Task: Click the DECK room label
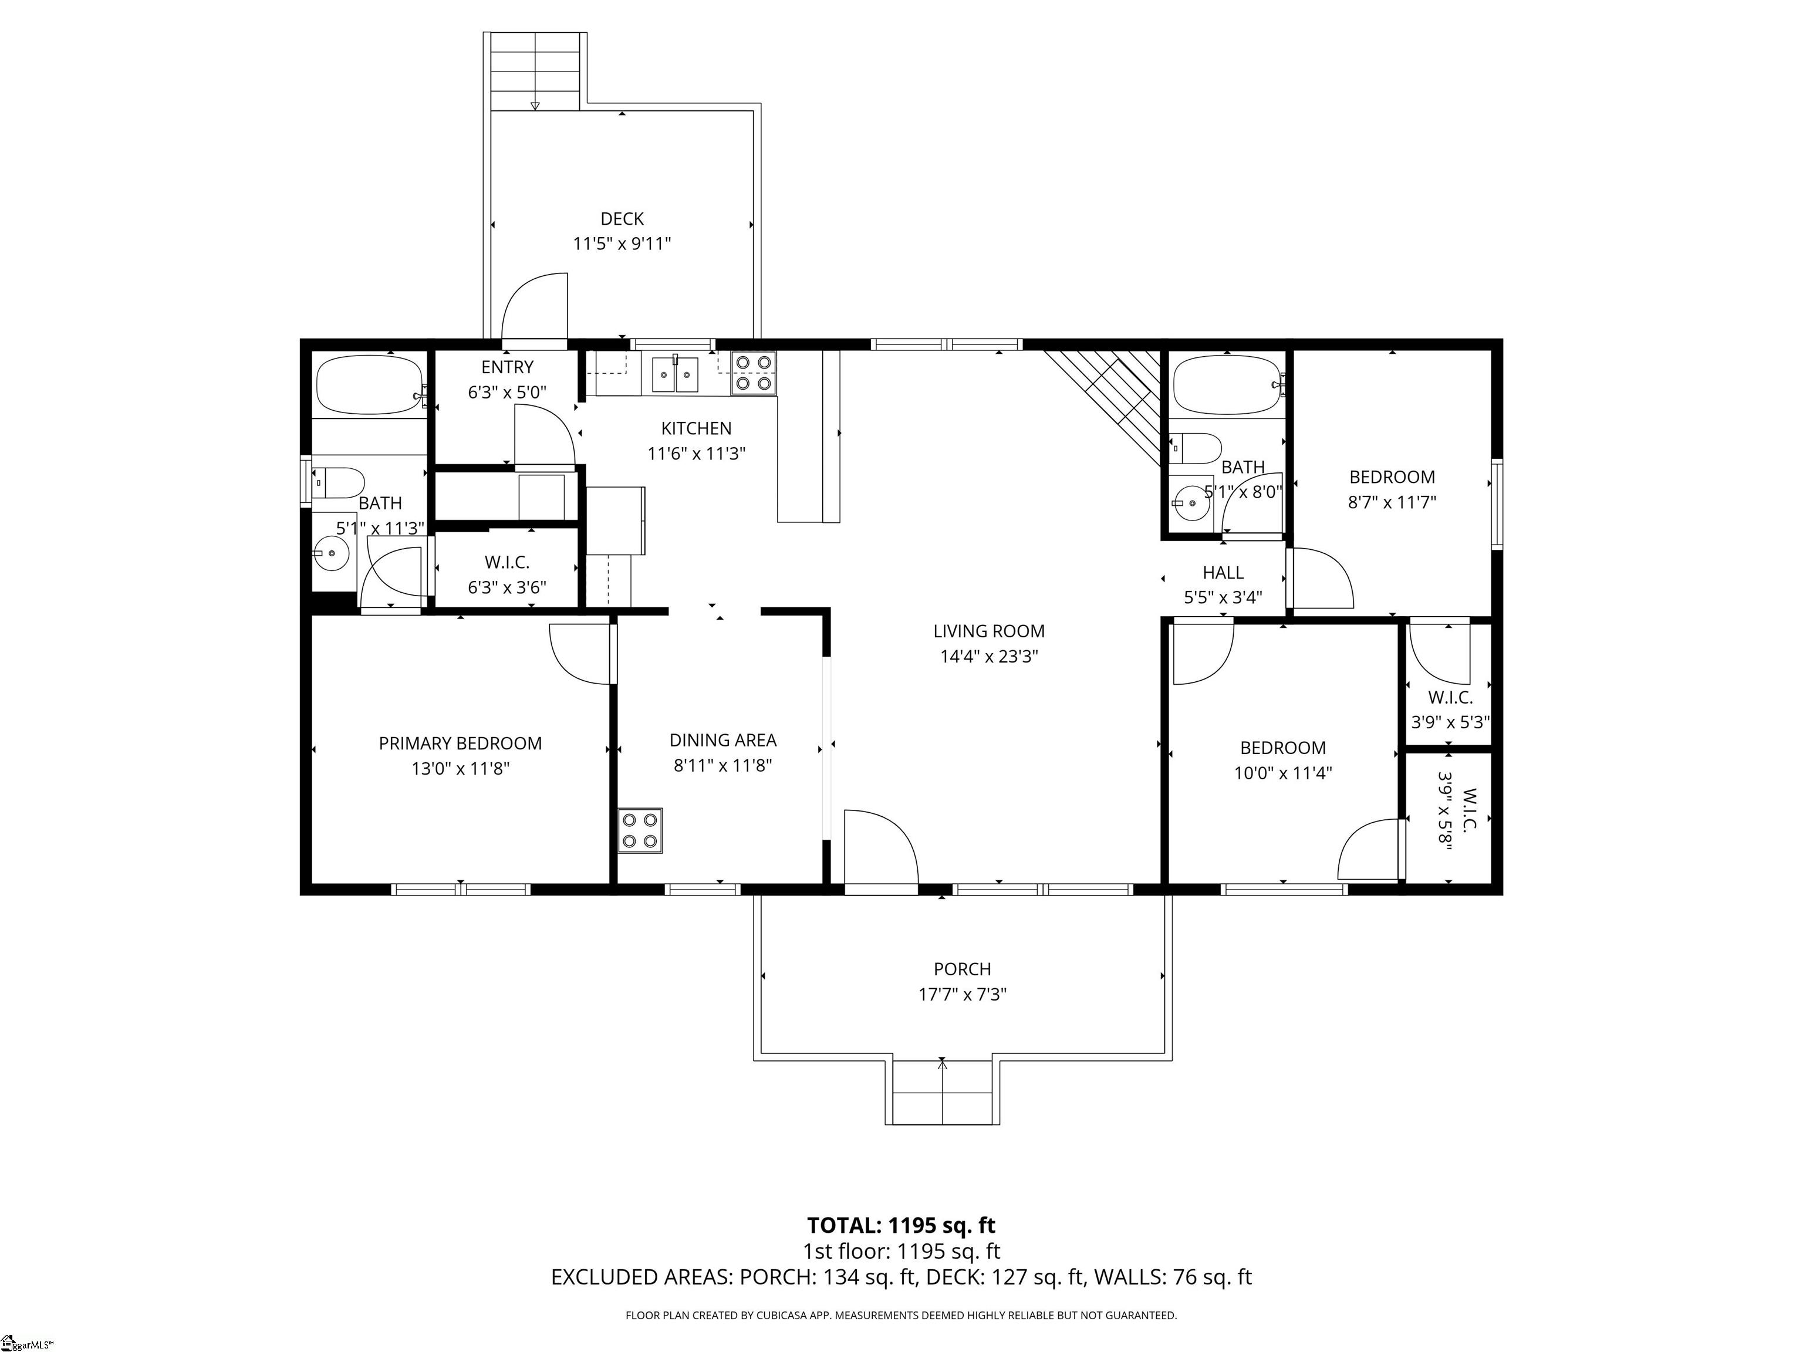click(622, 218)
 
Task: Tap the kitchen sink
click(675, 376)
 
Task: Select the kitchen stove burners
click(753, 373)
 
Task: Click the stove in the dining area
click(640, 830)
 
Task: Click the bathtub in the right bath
click(1228, 385)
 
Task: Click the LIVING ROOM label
click(989, 631)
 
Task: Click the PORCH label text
click(963, 969)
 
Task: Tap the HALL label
click(1223, 572)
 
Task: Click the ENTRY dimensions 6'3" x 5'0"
click(507, 392)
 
